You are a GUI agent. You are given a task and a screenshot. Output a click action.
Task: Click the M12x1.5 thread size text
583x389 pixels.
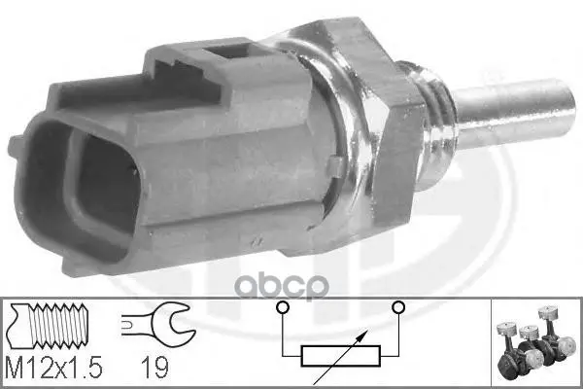tap(53, 367)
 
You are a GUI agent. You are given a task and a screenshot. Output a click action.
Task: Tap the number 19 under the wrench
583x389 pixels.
tap(155, 367)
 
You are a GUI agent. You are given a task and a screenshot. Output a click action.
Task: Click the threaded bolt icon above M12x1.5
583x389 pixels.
tap(48, 326)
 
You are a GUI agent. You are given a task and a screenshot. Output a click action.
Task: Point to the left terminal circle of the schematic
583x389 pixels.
tap(283, 307)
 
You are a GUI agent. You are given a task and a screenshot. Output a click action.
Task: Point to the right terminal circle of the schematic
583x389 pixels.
tap(398, 307)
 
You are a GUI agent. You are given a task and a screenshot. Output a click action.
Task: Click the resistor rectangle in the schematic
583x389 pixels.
tap(341, 356)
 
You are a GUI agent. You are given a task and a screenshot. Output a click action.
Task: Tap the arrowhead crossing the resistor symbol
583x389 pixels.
tap(364, 334)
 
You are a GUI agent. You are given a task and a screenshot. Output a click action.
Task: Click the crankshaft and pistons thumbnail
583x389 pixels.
tap(534, 342)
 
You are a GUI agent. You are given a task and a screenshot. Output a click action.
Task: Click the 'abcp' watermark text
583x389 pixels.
tap(282, 286)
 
